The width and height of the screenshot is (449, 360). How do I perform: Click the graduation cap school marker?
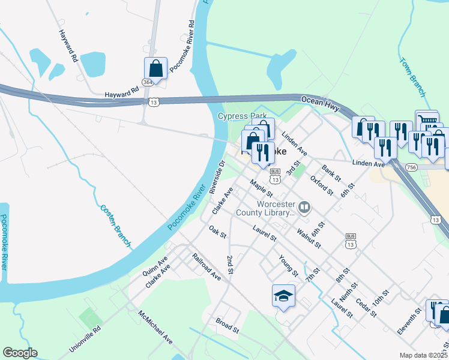(x=284, y=296)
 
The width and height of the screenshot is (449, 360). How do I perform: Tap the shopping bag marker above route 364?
(x=155, y=68)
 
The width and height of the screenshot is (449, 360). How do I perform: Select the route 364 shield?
(x=148, y=82)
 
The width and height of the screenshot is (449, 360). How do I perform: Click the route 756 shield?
(x=411, y=167)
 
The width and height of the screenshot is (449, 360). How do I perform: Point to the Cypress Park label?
(x=242, y=116)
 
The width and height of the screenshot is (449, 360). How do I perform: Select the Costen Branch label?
(x=116, y=225)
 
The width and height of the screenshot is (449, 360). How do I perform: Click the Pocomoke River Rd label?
(x=182, y=47)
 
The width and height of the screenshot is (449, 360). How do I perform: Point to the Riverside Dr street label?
(x=217, y=176)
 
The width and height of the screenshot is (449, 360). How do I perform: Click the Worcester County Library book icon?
(x=304, y=208)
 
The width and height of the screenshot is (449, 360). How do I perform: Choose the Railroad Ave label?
(x=206, y=266)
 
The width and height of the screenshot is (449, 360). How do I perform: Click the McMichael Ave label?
(x=155, y=327)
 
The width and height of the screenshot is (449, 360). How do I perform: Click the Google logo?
(x=20, y=353)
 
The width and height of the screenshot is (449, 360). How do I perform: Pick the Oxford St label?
(x=321, y=185)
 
